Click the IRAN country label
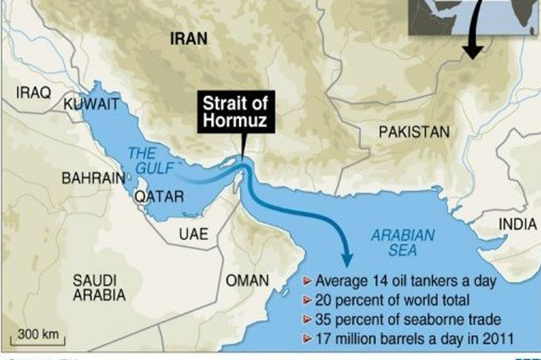tap(188, 38)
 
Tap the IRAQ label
tap(33, 93)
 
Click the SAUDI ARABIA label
tap(98, 287)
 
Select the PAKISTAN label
tap(414, 130)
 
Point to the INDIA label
tap(518, 225)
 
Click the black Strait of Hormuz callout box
tap(237, 112)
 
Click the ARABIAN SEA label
tap(403, 243)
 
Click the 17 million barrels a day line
tap(408, 337)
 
